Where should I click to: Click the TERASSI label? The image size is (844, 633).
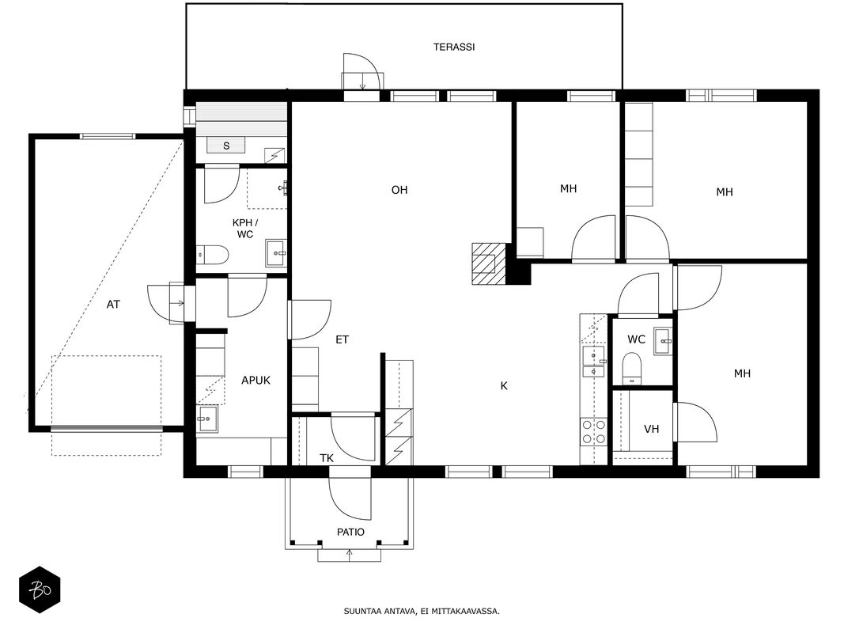click(x=454, y=47)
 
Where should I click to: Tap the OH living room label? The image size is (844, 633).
click(x=399, y=190)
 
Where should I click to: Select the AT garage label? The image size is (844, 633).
click(x=113, y=305)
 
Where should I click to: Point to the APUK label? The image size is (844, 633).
click(x=255, y=381)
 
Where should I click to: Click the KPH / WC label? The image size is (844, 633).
click(x=245, y=229)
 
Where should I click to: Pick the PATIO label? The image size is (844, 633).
click(x=350, y=533)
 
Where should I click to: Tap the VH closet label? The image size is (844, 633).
click(x=651, y=429)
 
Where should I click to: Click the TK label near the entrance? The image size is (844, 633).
click(x=327, y=458)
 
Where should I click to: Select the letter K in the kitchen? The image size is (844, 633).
click(x=504, y=386)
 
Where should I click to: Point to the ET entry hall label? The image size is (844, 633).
click(x=343, y=339)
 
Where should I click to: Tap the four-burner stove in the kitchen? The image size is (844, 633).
click(x=593, y=432)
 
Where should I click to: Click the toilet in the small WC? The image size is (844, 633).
click(x=631, y=368)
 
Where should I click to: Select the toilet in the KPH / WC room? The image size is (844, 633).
click(x=213, y=255)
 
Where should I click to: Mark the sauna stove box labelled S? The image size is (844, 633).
click(x=226, y=145)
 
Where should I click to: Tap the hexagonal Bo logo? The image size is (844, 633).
click(x=40, y=590)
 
